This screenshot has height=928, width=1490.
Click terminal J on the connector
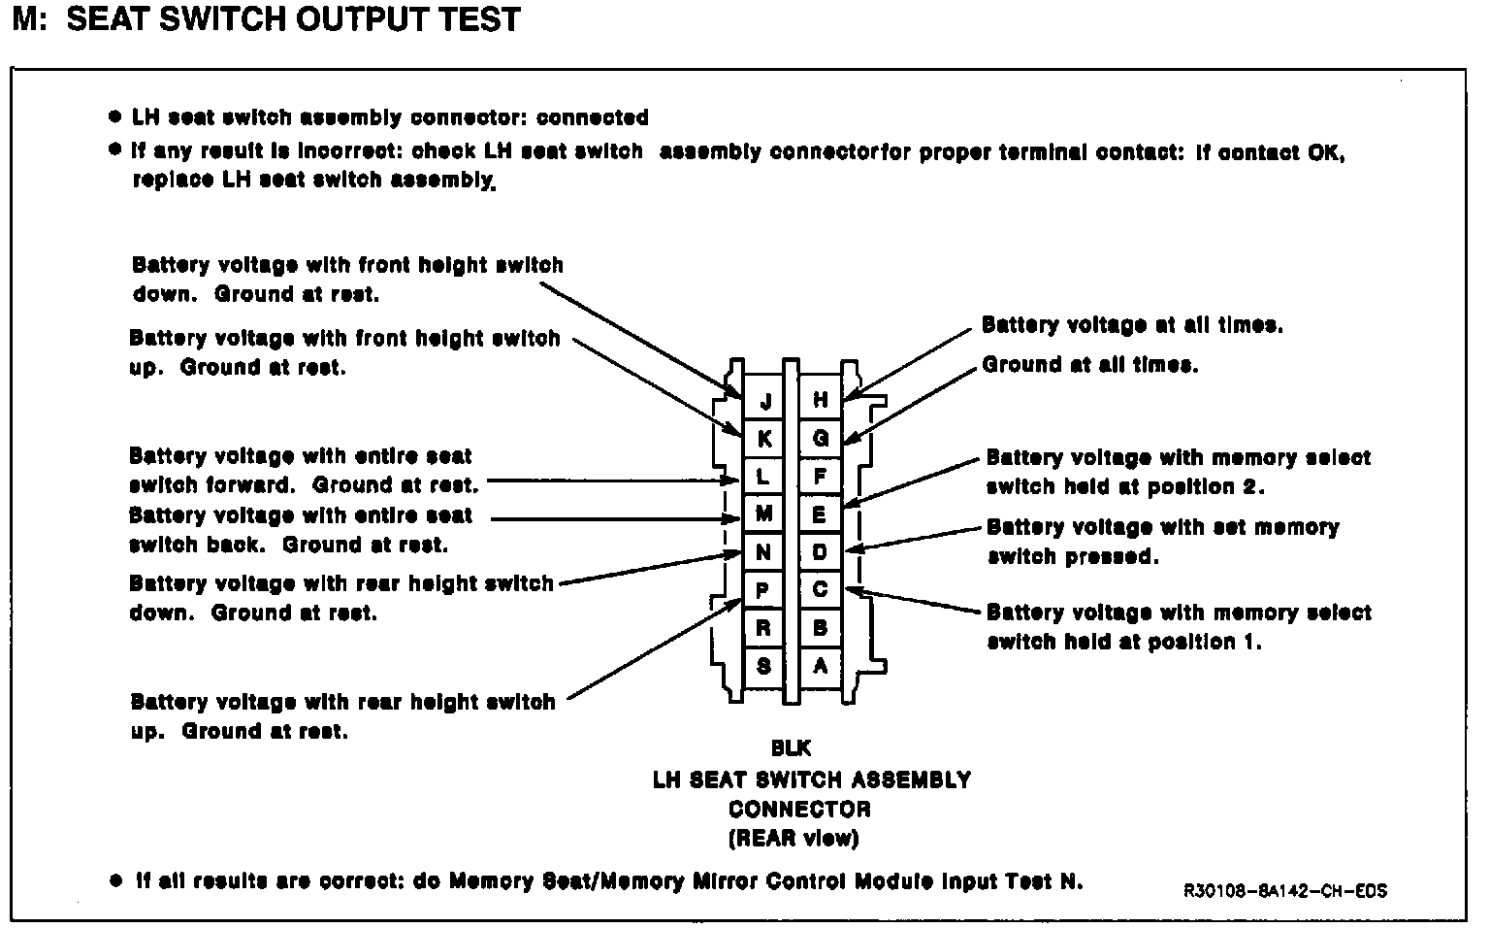click(765, 401)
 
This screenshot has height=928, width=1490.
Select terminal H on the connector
click(821, 400)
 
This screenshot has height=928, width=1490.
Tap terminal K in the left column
click(764, 439)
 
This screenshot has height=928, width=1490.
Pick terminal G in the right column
click(821, 438)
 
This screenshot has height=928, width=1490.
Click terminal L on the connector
click(764, 477)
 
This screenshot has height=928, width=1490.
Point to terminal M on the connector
click(764, 514)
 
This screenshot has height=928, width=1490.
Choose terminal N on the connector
click(764, 552)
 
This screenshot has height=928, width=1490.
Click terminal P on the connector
click(764, 590)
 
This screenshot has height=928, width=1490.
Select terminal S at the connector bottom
click(764, 666)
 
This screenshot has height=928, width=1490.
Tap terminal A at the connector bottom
click(821, 666)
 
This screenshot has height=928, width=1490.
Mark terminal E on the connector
click(821, 514)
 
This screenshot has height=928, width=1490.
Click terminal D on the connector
click(821, 552)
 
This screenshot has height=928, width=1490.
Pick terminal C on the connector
click(821, 590)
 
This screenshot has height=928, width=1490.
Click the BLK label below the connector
click(791, 749)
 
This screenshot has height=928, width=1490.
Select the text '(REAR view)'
click(794, 838)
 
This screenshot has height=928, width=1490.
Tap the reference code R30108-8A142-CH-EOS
click(1284, 890)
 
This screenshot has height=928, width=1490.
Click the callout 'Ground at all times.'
click(1090, 365)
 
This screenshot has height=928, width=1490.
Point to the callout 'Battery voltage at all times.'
click(1132, 325)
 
